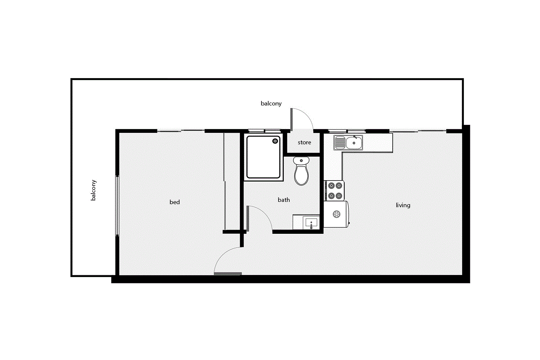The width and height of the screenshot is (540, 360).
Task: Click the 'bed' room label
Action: (175, 202)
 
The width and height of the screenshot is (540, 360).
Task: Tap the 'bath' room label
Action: (284, 200)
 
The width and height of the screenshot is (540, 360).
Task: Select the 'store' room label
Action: (304, 142)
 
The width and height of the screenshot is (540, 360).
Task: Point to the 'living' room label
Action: (403, 205)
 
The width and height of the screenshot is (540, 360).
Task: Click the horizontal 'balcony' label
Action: (271, 104)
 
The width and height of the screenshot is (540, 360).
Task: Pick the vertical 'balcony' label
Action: (93, 190)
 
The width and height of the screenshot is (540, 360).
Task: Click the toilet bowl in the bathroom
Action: (301, 175)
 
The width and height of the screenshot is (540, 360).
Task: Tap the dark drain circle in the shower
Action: (275, 141)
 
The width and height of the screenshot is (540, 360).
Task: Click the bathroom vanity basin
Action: (311, 222)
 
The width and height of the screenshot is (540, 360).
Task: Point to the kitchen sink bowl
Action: (354, 143)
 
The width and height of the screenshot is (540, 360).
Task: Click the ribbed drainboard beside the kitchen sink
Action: (340, 143)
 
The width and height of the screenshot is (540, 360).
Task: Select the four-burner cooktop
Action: (335, 191)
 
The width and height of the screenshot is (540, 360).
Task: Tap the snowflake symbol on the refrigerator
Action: (336, 214)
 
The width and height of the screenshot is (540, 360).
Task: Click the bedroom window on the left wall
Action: (117, 206)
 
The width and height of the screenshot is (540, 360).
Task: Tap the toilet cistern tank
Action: (301, 161)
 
